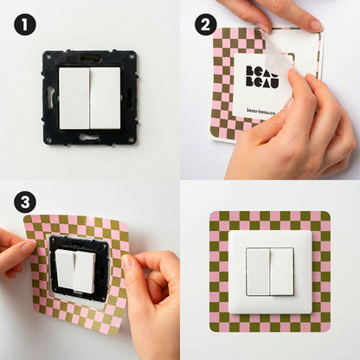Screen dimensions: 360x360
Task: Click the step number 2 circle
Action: tap(206, 23)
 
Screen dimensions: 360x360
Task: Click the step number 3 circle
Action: tap(23, 204)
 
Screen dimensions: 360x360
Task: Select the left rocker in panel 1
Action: tap(74, 97)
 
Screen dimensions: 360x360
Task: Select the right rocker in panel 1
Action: tap(104, 97)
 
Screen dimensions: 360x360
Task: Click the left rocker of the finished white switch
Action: tap(258, 271)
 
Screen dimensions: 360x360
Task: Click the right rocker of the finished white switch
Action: tap(282, 271)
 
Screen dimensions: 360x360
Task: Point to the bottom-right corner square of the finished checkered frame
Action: tap(325, 326)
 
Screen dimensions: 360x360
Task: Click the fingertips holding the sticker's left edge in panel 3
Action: tap(26, 251)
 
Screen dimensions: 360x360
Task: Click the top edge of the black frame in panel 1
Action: tap(89, 55)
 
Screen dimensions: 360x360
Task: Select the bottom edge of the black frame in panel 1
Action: tap(89, 138)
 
